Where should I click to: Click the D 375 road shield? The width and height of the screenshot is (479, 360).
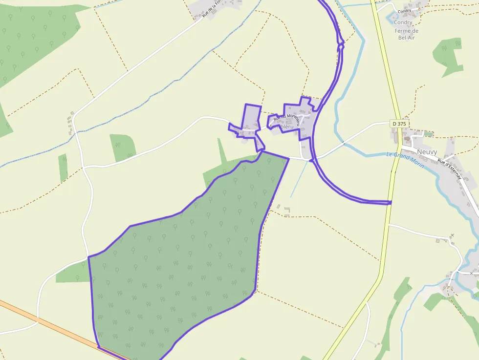click(x=399, y=124)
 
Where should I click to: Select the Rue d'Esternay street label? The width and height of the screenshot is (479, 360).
click(x=449, y=168)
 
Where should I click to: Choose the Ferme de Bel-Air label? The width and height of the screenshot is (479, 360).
click(x=406, y=34)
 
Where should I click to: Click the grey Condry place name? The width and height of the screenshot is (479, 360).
click(x=403, y=22)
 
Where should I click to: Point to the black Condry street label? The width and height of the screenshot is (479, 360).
click(x=404, y=11)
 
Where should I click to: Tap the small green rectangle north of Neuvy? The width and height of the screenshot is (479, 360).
click(x=428, y=133)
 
